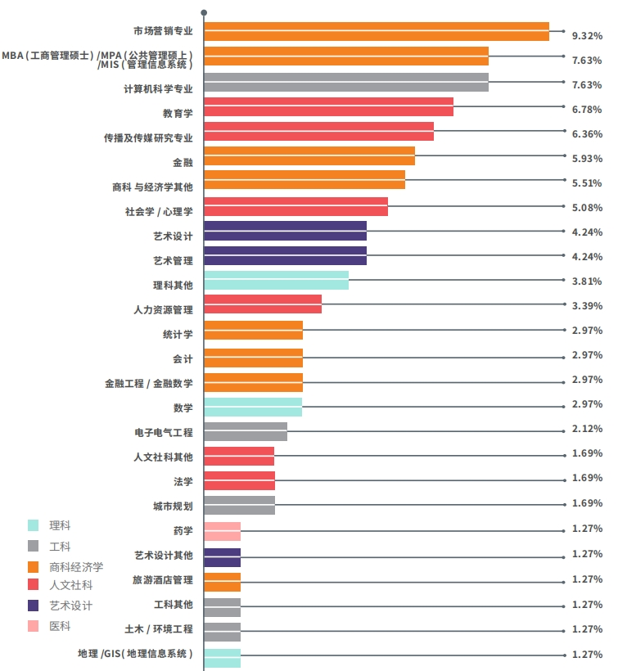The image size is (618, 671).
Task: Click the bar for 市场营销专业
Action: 376,31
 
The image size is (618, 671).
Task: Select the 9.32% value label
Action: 587,36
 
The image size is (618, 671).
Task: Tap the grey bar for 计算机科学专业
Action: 345,82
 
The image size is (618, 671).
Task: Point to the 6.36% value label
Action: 587,134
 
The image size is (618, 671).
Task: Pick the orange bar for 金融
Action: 309,155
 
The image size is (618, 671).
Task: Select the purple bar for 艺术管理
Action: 284,255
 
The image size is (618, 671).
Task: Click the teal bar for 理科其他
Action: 276,280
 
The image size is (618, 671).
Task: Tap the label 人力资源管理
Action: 163,310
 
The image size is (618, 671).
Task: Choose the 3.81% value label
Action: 587,281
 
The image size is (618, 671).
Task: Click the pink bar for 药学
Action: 222,531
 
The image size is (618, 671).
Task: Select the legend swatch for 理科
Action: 34,525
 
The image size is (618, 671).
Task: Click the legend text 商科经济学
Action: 76,566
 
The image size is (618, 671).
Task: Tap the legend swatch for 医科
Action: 34,626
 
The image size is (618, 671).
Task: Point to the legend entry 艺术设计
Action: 70,606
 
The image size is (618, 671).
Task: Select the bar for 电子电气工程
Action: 245,431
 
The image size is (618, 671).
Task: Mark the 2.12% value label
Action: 587,429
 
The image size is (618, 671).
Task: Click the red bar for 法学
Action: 239,480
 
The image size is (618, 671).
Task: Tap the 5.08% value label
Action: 587,208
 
